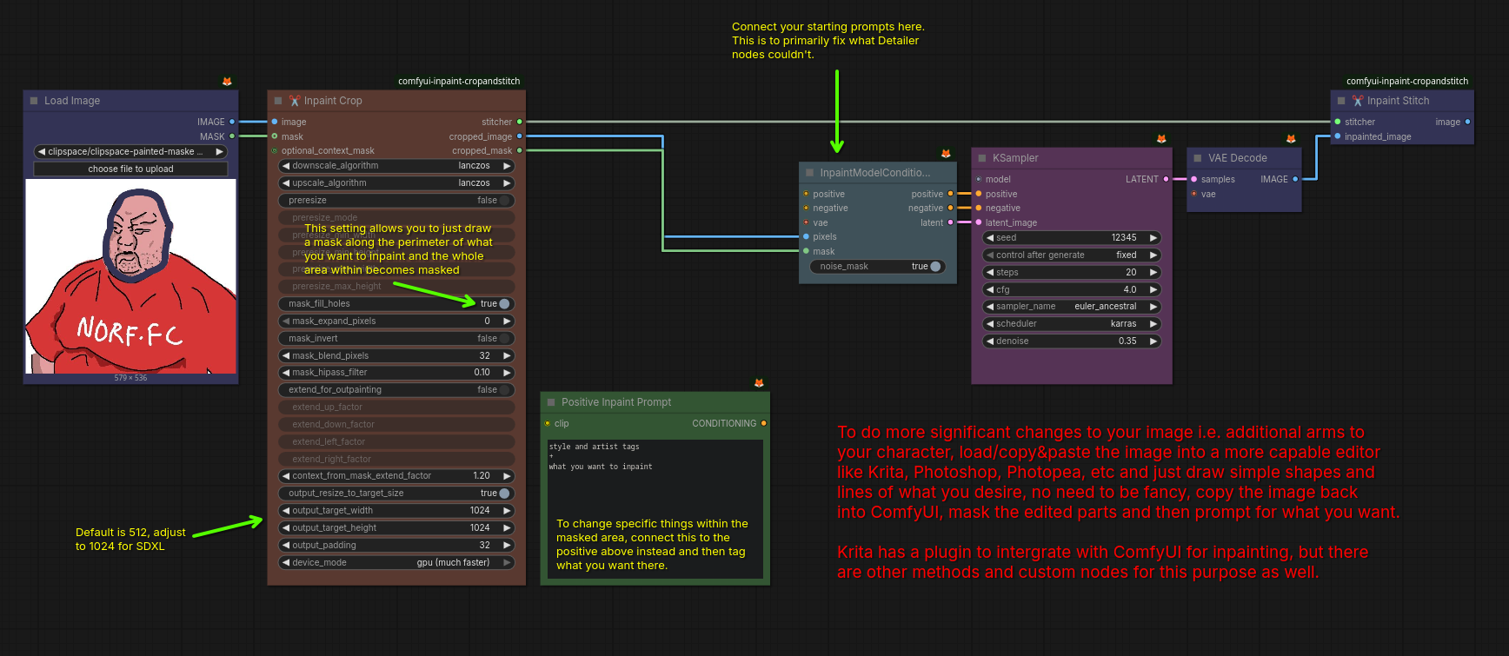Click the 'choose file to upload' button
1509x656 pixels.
pos(130,169)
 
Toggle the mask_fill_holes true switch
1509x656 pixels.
pos(503,304)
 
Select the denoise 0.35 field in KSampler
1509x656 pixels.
pos(1072,341)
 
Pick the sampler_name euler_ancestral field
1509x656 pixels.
pos(1072,307)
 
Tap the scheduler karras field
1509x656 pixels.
pos(1072,324)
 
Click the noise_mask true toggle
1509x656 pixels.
pos(934,267)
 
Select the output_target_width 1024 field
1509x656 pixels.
pos(396,511)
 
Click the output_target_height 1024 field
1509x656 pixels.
pos(396,528)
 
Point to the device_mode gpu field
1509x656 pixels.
pos(396,563)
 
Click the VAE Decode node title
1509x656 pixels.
pos(1237,158)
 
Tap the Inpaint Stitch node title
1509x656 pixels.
pos(1397,101)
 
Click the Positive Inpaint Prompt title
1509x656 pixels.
pos(615,402)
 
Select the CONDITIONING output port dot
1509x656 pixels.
pos(763,424)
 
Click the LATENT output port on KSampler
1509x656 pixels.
pos(1166,180)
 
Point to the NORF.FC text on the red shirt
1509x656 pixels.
pos(130,331)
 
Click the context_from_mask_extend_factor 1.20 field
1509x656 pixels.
pos(396,476)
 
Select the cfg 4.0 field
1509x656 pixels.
pos(1072,289)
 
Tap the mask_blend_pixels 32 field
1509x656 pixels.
pos(396,355)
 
